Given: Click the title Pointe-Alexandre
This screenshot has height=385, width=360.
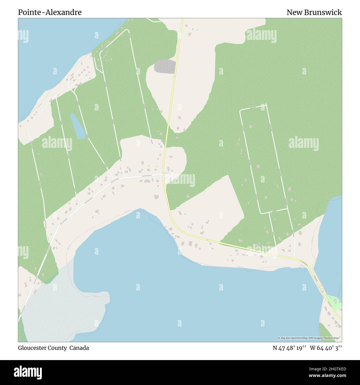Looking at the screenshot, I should click(50, 12).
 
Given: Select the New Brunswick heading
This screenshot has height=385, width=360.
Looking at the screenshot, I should click(314, 12).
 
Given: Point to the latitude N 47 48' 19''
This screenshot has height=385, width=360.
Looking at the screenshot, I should click(289, 348).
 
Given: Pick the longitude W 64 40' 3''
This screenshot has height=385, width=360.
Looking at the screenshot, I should click(326, 348).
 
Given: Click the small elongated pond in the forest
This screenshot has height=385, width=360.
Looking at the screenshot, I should click(77, 126).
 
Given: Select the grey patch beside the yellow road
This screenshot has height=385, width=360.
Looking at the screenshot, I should click(165, 66).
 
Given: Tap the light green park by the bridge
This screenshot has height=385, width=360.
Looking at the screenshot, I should click(335, 303).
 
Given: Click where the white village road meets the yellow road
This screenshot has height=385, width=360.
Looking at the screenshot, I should click(163, 174).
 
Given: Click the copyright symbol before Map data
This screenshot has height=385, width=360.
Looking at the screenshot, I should click(279, 338).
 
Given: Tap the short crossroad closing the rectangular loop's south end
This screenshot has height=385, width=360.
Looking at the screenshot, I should click(273, 211).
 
